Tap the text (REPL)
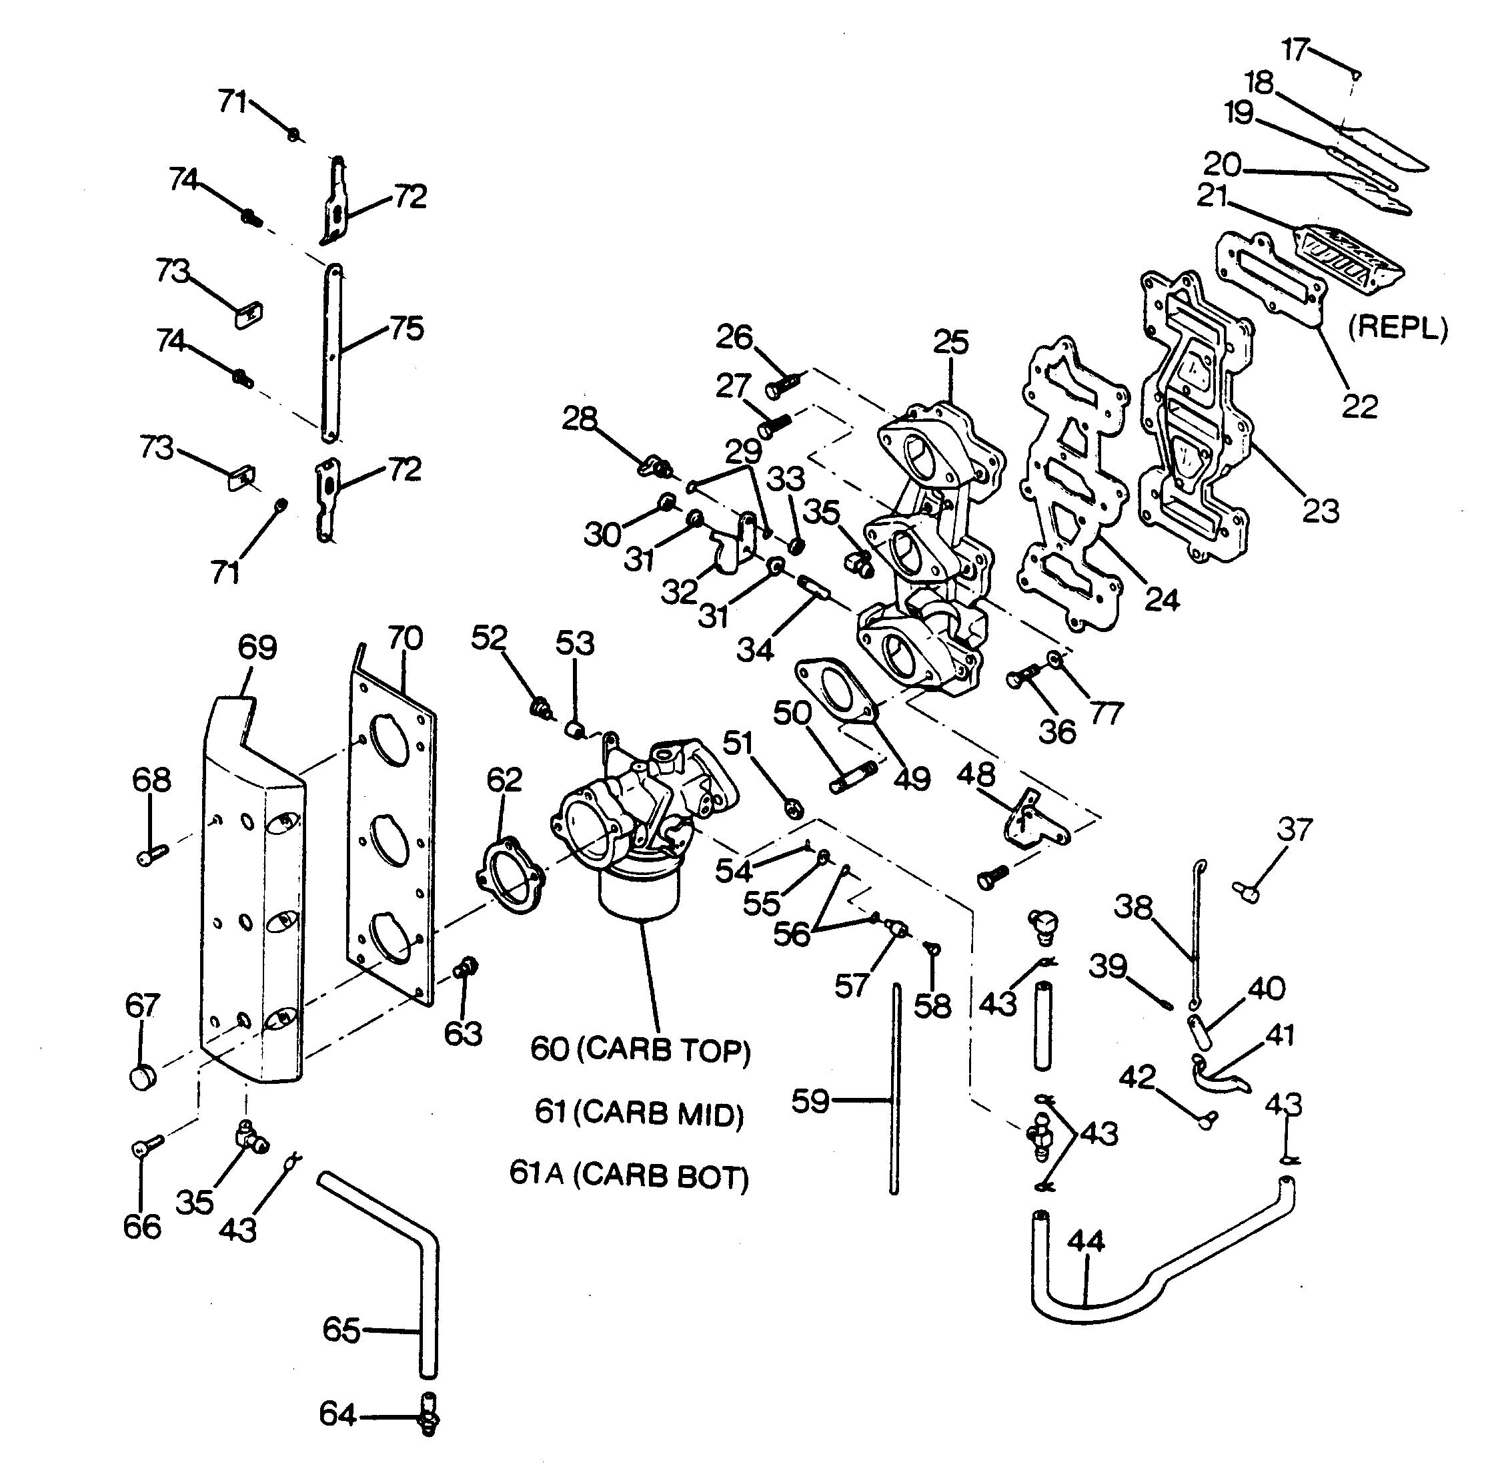click(x=1397, y=328)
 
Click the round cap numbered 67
click(x=142, y=1077)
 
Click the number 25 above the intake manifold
click(x=952, y=342)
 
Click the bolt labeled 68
click(x=151, y=855)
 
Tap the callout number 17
click(x=1295, y=50)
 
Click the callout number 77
click(x=1107, y=713)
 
